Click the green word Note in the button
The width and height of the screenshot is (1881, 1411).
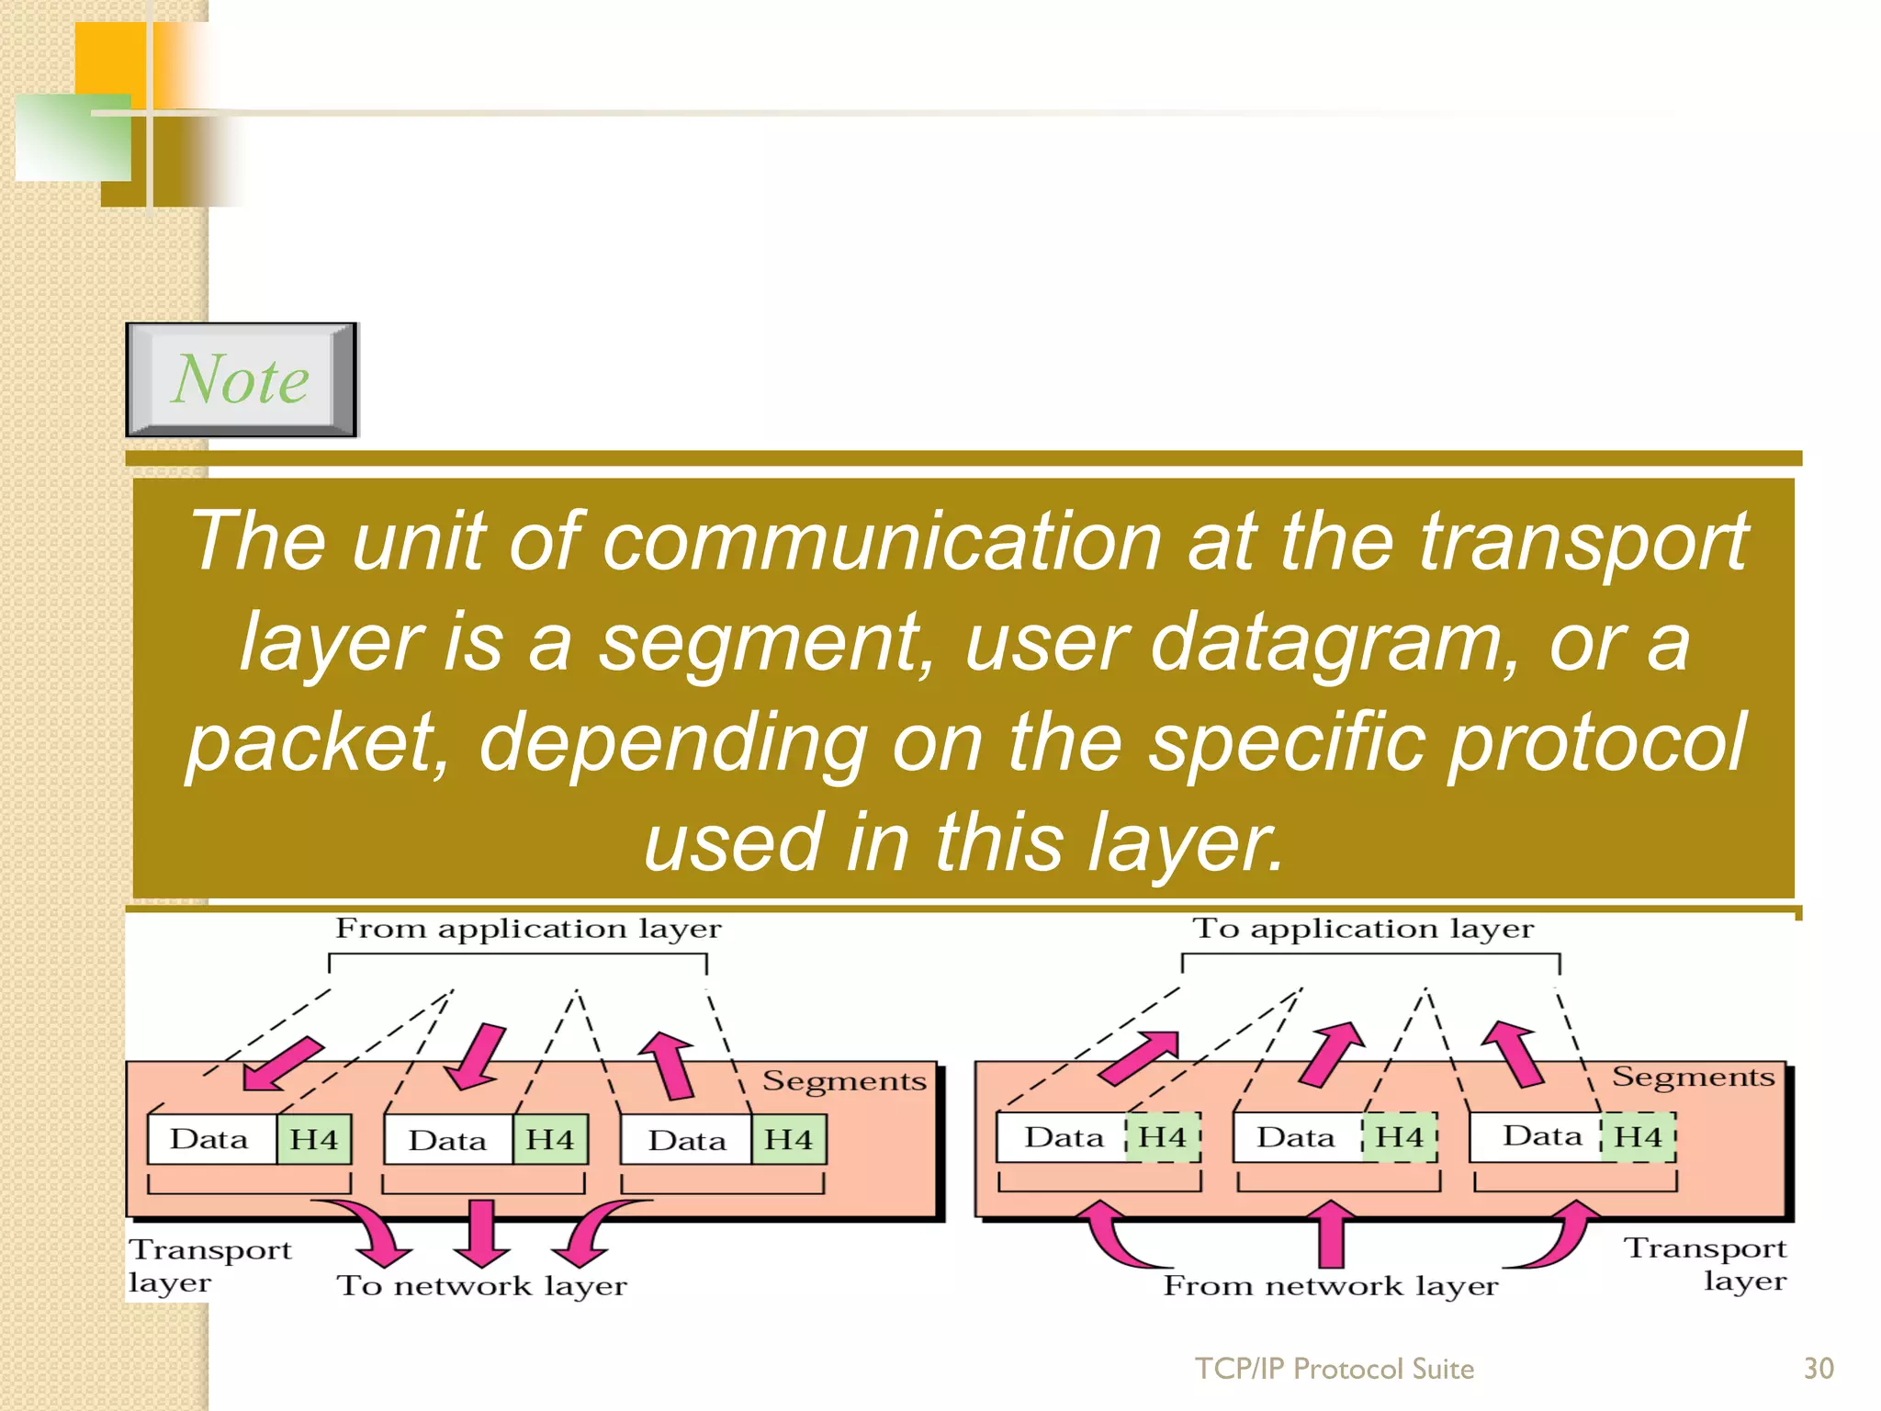tap(241, 379)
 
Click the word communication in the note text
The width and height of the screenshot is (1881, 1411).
tap(882, 541)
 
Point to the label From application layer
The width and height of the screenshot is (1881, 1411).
tap(528, 929)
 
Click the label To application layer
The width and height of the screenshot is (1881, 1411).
tap(1363, 929)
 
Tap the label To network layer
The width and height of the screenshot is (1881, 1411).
tap(482, 1285)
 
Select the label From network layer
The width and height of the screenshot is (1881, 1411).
tap(1331, 1285)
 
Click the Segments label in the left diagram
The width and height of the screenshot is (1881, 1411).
tap(844, 1081)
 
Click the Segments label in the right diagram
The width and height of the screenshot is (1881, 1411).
tap(1693, 1077)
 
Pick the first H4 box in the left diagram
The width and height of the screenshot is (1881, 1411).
tap(314, 1140)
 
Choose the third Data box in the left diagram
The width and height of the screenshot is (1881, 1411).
tap(687, 1140)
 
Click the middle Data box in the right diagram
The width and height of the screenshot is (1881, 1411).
tap(1296, 1137)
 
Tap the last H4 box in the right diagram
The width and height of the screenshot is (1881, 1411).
tap(1639, 1137)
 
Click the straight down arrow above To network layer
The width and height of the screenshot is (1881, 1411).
tap(481, 1231)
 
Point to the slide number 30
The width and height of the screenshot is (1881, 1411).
tap(1819, 1369)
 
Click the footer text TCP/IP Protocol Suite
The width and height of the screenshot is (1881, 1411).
tap(1334, 1369)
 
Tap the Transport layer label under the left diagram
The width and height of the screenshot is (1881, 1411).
tap(209, 1265)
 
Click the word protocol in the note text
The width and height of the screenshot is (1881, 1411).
tap(1598, 742)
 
